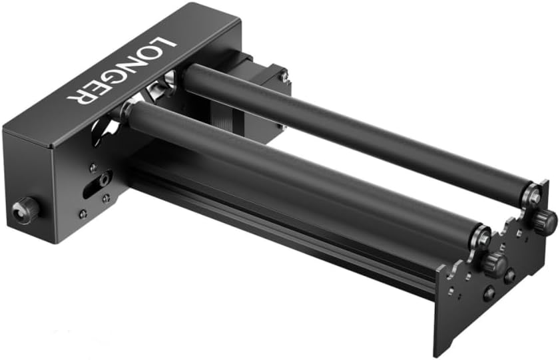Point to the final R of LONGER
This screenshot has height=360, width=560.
81,97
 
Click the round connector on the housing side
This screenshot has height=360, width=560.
26,211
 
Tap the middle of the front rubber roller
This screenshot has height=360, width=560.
300,176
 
